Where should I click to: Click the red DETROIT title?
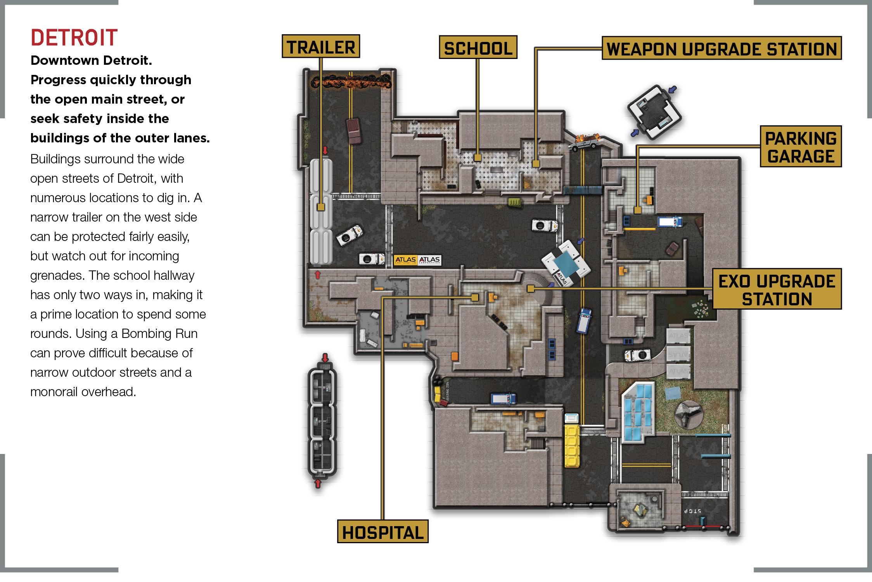(x=74, y=38)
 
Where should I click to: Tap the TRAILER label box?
(x=321, y=47)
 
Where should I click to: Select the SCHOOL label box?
(x=478, y=47)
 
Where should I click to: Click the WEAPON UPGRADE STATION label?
(x=721, y=48)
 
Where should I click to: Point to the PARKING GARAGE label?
(x=801, y=146)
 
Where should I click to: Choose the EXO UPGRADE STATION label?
(x=777, y=289)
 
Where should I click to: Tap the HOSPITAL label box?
(x=383, y=532)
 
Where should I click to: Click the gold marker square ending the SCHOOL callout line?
(x=478, y=158)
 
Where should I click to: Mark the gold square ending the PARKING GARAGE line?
(x=637, y=210)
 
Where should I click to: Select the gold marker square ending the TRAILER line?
(x=321, y=207)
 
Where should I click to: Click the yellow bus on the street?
(x=572, y=445)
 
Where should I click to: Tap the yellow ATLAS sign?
(x=405, y=260)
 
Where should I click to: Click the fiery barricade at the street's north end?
(x=351, y=82)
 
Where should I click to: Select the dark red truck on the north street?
(x=354, y=131)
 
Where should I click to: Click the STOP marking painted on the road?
(x=693, y=511)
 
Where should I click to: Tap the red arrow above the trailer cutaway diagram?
(x=325, y=357)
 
